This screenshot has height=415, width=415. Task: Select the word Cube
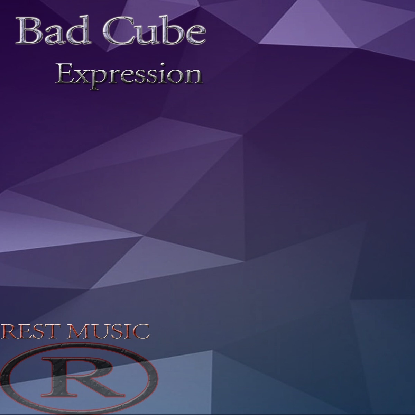(x=154, y=30)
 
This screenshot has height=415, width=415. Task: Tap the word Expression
(x=129, y=75)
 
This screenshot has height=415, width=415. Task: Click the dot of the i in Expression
(x=164, y=64)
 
